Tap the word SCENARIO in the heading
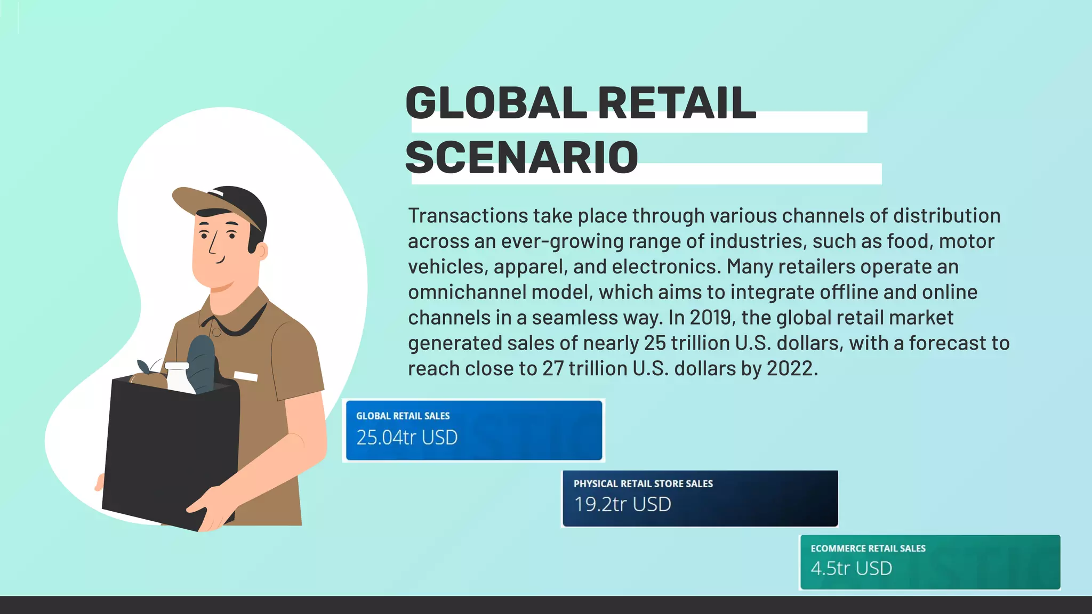point(521,158)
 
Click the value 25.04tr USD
point(407,438)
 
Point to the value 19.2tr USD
point(622,504)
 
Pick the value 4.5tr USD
point(851,568)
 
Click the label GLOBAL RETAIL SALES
point(403,416)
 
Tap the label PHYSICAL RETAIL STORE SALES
point(643,484)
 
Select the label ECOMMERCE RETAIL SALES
point(868,548)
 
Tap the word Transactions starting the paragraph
point(468,216)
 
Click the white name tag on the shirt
point(245,376)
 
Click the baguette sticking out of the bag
point(201,362)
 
